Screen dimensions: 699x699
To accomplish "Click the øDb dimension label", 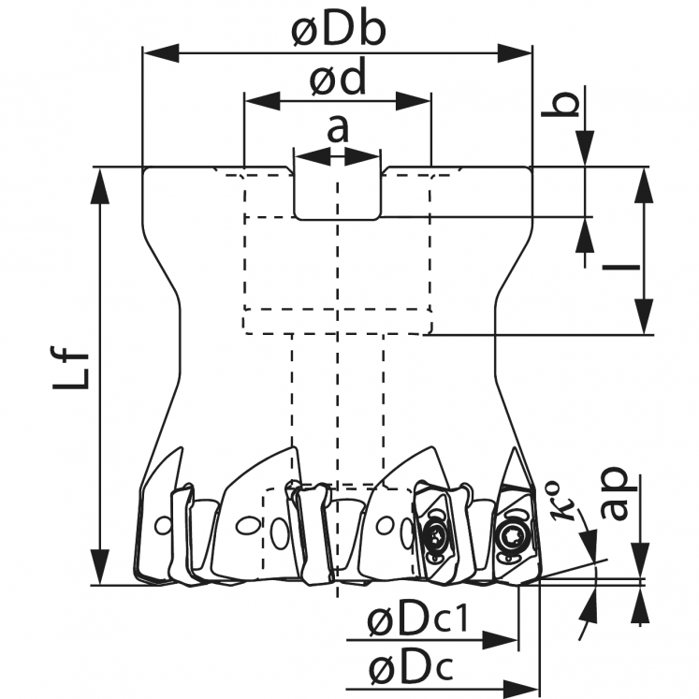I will (338, 31).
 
